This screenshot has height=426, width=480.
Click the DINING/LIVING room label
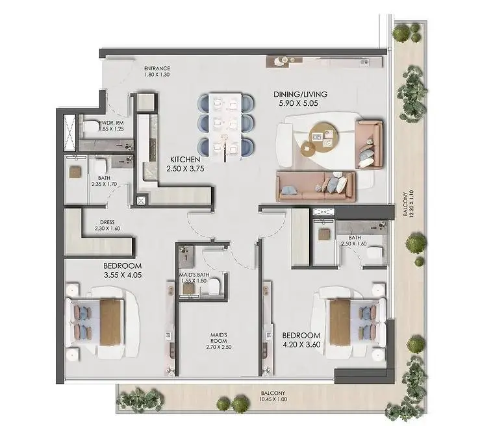click(300, 94)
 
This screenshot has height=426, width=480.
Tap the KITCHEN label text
click(185, 160)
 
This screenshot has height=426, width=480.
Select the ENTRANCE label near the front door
click(157, 69)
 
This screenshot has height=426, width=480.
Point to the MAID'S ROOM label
click(219, 338)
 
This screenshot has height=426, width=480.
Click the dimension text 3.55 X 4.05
click(123, 275)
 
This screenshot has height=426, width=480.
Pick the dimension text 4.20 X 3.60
click(301, 345)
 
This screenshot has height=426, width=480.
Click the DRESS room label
click(107, 223)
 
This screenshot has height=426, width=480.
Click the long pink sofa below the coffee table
click(316, 186)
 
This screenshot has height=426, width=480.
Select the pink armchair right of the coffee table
click(369, 144)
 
